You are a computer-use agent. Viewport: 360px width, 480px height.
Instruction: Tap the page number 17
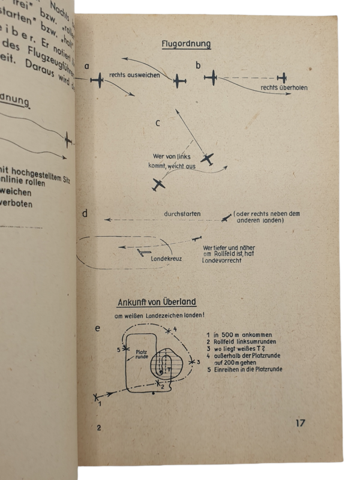[x=301, y=423]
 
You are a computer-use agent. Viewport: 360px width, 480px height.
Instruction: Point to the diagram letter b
[x=199, y=65]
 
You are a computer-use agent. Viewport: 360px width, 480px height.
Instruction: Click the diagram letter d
[x=87, y=214]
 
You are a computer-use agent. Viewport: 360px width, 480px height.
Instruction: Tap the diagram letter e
[x=97, y=328]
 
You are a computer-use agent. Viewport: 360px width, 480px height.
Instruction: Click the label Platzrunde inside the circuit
[x=142, y=354]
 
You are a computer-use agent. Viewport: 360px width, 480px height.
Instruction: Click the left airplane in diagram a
[x=98, y=80]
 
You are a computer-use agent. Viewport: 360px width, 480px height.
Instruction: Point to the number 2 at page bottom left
[x=99, y=427]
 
